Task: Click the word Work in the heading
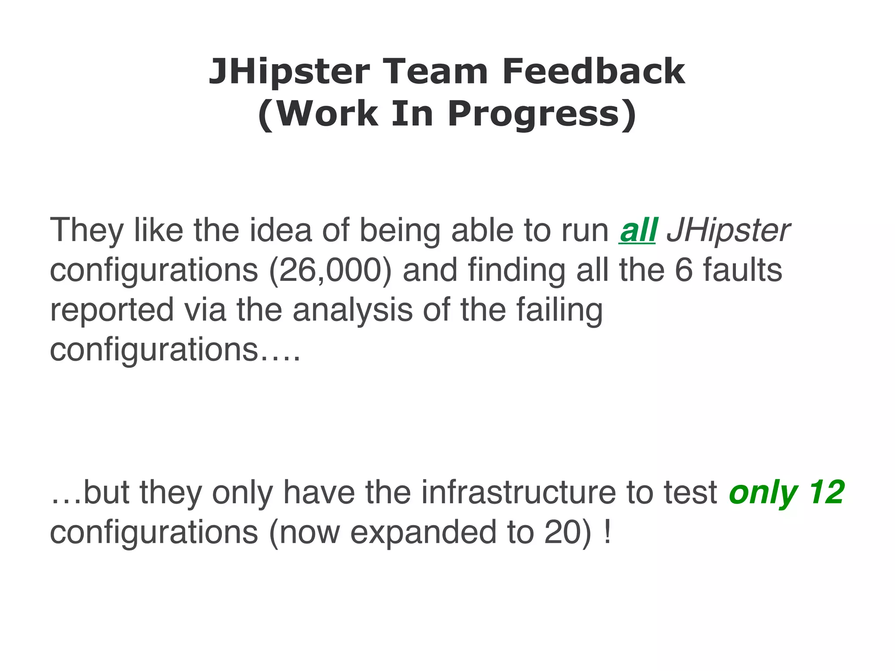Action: coord(326,114)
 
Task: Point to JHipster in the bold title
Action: coord(289,72)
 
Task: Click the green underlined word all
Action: coord(638,230)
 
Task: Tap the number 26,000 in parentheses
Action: coord(330,270)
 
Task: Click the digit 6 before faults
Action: coord(683,270)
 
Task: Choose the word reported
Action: coord(112,310)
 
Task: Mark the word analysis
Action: coord(353,309)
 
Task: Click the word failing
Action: coord(559,310)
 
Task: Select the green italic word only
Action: coord(763,493)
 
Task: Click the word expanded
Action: coord(423,533)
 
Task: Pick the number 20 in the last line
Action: coord(561,532)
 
